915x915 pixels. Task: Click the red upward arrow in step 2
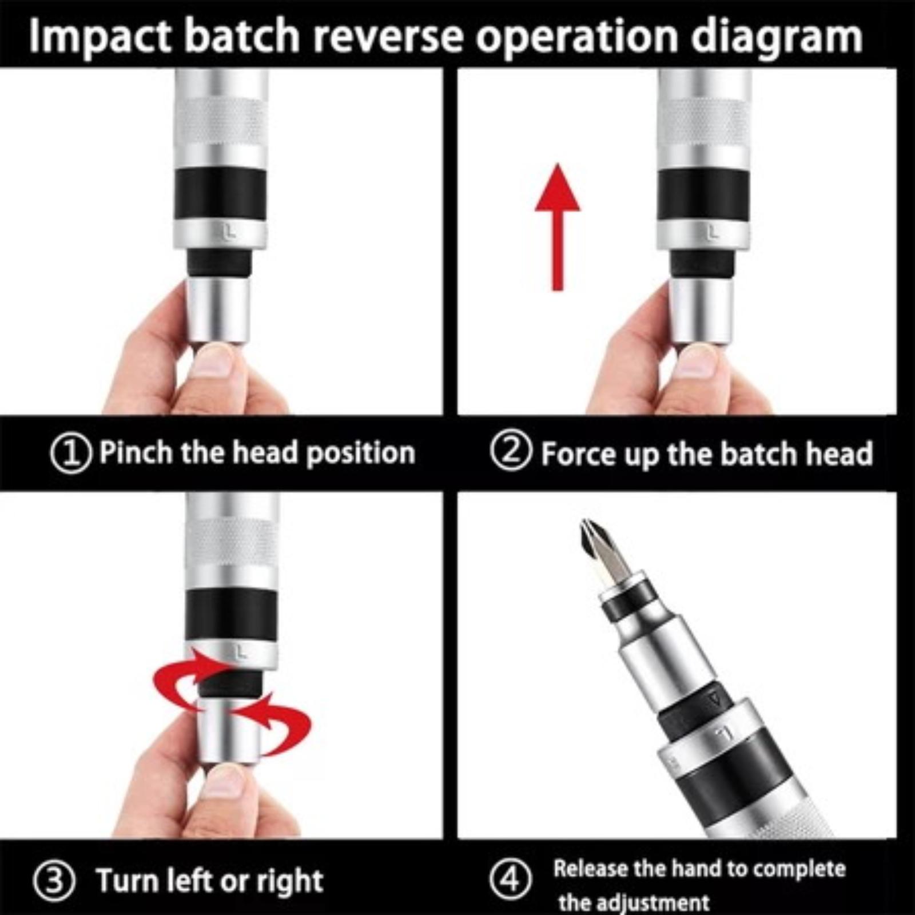click(558, 227)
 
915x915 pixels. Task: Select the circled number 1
click(71, 453)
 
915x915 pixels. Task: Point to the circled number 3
click(54, 881)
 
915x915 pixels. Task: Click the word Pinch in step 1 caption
click(136, 452)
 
